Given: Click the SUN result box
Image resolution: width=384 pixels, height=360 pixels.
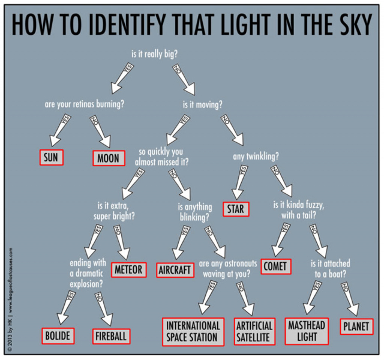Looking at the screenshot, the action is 52,157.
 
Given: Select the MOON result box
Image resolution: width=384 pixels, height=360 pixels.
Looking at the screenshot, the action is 109,158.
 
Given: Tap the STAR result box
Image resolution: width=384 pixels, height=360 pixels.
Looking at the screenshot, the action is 236,209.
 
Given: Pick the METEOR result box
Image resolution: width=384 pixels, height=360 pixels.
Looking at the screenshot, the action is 129,270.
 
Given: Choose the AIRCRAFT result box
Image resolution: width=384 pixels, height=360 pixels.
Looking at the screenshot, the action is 175,270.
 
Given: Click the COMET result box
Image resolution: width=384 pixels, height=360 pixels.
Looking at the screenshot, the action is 276,266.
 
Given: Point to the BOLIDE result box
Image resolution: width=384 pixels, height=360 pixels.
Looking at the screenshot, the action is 58,336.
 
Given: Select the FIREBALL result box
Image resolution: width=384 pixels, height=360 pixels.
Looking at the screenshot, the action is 111,336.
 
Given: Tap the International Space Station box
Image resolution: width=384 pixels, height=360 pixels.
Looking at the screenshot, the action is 193,332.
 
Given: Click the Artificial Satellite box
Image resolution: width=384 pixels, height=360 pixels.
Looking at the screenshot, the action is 254,332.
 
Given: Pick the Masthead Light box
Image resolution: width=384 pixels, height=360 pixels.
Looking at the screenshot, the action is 307,331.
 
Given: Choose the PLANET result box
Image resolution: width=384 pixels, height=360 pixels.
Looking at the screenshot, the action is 356,326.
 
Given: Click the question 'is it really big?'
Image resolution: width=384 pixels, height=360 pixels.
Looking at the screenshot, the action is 155,54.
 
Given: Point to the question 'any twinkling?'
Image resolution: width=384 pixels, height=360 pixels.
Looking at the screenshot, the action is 256,156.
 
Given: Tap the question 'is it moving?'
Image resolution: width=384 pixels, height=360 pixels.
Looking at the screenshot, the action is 203,104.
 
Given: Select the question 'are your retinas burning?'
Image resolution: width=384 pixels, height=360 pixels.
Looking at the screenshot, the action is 84,104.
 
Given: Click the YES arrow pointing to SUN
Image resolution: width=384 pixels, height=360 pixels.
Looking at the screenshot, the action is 59,130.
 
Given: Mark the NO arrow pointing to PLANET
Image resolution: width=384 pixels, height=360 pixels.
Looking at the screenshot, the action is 350,299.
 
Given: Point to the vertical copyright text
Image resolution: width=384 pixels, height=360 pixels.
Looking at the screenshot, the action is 10,300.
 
